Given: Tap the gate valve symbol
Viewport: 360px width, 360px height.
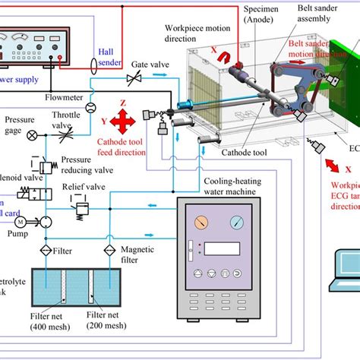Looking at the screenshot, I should [x=134, y=79].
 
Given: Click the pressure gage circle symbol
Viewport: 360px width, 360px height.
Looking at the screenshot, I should [x=30, y=134].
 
